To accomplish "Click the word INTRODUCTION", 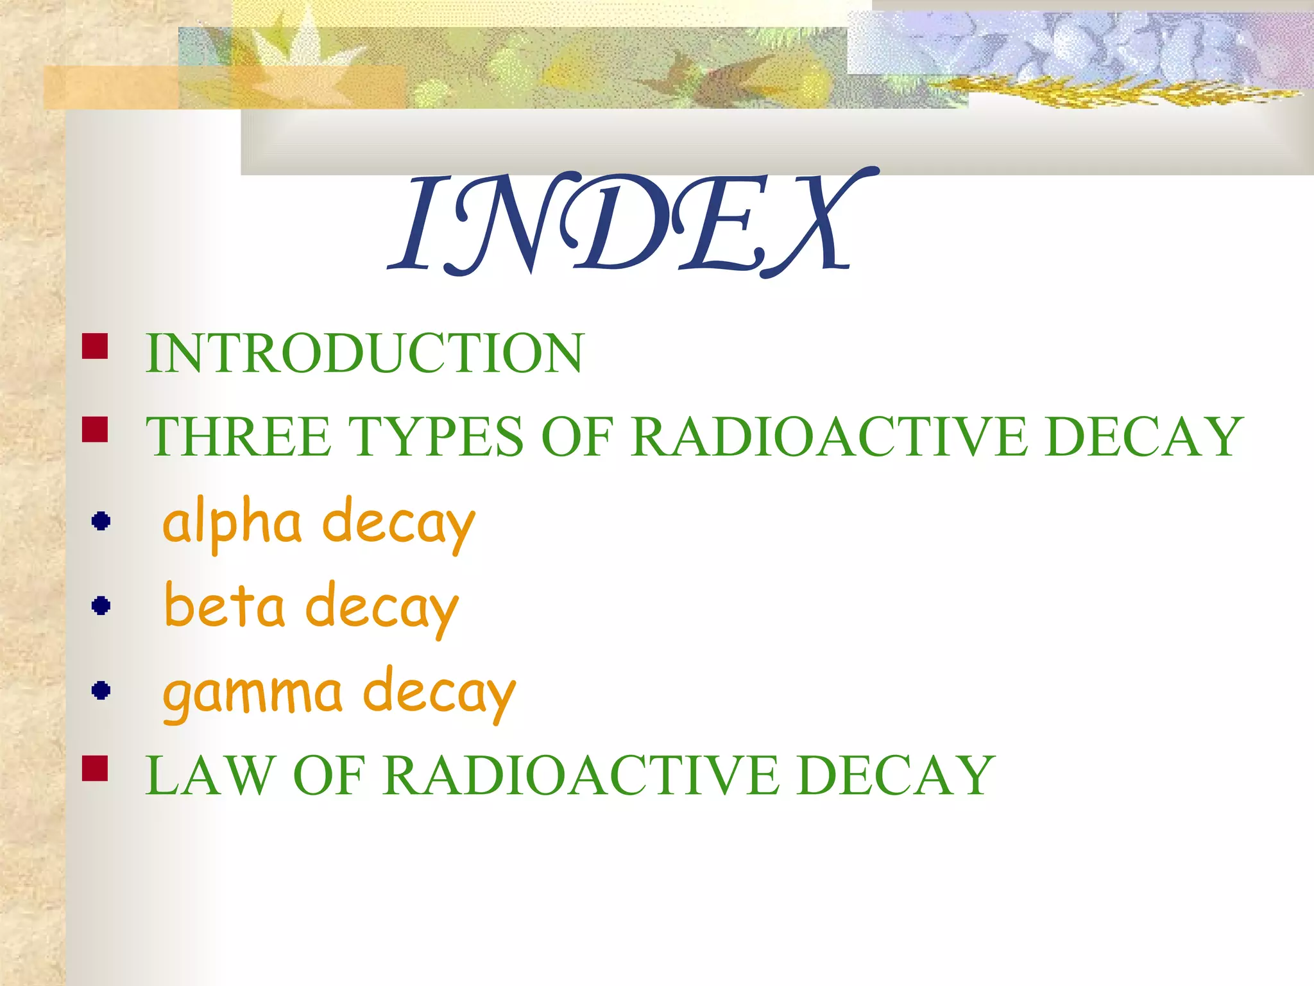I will coord(364,353).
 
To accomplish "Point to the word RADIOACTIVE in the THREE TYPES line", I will coord(830,437).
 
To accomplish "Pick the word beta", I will coord(225,607).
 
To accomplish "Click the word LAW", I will coord(209,775).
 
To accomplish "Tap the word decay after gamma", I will coord(439,693).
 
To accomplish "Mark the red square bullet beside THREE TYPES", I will coord(95,429).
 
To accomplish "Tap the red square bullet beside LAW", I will coord(95,768).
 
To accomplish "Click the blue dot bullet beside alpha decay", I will coord(101,521).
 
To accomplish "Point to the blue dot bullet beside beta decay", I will coord(101,605).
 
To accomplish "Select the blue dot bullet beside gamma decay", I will coord(101,690).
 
